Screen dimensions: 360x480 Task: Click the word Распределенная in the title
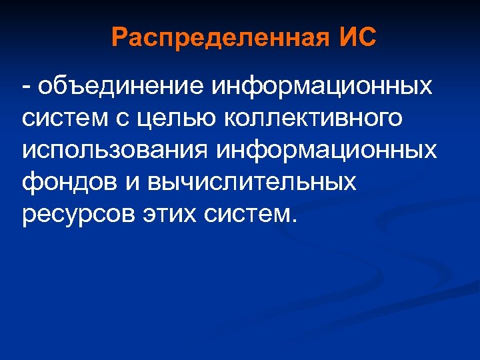217,37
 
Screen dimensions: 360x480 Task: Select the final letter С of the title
367,37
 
